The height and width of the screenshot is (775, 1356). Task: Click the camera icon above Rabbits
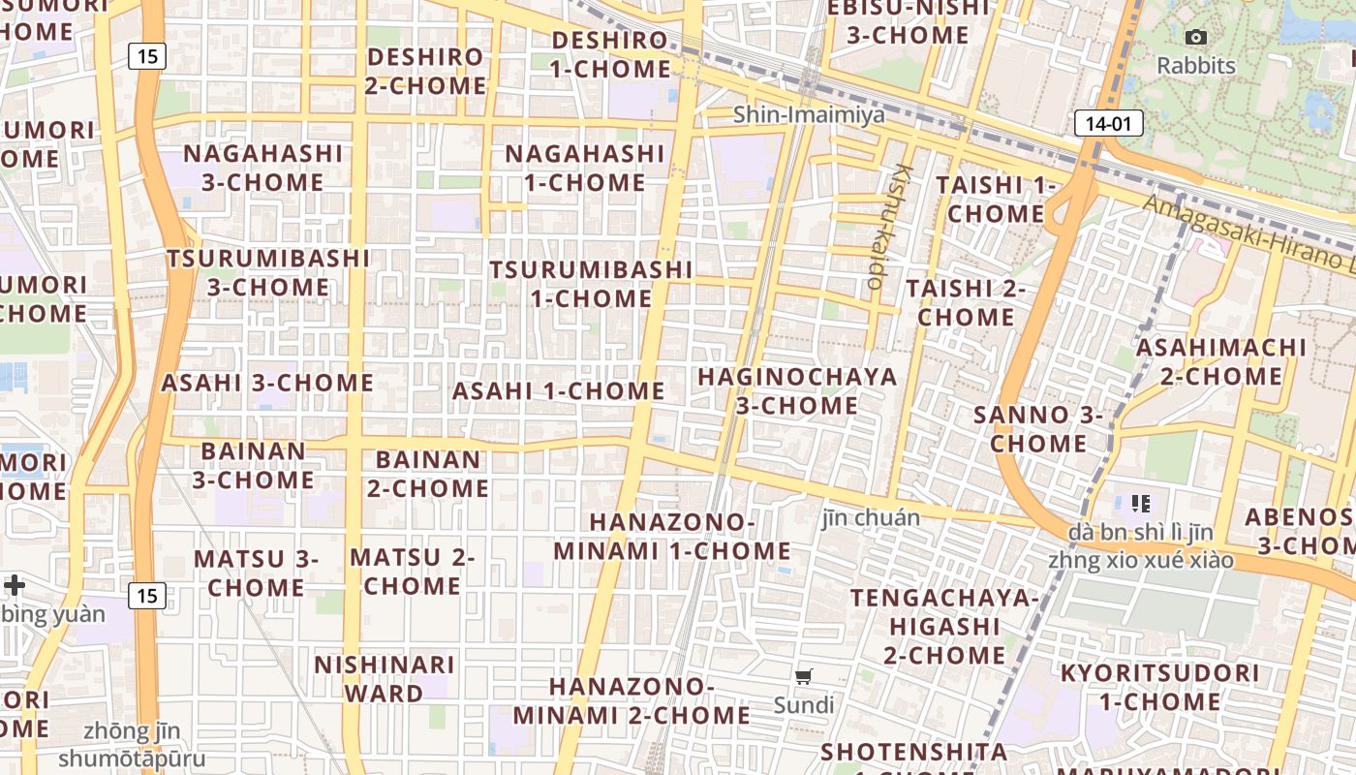[x=1196, y=37]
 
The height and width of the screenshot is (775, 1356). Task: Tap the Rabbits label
[x=1196, y=66]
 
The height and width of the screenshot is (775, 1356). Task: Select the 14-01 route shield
[x=1108, y=123]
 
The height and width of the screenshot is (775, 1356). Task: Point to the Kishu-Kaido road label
[x=888, y=228]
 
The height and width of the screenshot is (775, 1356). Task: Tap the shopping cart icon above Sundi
[x=803, y=676]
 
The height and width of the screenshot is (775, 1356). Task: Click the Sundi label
[x=803, y=704]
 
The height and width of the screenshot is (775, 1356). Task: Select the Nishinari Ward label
[x=385, y=679]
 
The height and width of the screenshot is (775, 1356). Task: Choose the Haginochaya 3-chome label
[x=797, y=390]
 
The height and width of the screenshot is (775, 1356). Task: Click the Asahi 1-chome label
[x=559, y=391]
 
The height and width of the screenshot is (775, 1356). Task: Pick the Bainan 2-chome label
[x=427, y=473]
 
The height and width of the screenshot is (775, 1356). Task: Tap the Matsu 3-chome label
[x=257, y=573]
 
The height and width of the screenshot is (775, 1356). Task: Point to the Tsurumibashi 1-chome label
[x=591, y=284]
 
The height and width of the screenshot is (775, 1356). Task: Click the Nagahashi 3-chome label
[x=263, y=168]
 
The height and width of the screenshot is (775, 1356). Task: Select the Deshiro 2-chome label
[x=425, y=71]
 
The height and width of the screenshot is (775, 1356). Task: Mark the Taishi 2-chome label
[x=966, y=302]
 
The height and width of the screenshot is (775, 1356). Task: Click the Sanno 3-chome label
[x=1038, y=429]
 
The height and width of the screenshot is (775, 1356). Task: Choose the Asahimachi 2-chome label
[x=1221, y=361]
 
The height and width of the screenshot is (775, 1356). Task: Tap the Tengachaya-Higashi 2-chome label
[x=944, y=626]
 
